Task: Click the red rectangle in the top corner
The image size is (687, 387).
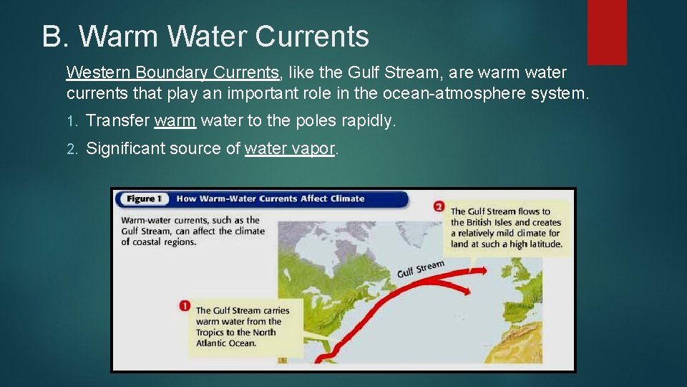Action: [x=607, y=32]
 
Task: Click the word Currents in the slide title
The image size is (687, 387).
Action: [x=317, y=37]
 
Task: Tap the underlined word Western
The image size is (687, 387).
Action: [x=98, y=72]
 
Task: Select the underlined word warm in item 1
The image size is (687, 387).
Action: [x=175, y=121]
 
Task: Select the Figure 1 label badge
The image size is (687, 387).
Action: [x=144, y=199]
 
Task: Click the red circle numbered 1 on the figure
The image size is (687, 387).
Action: [x=185, y=306]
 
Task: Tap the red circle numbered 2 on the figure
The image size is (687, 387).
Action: [x=439, y=206]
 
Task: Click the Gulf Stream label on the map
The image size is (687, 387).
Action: [x=421, y=269]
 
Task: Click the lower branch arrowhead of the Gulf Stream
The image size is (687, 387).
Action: [x=466, y=290]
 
